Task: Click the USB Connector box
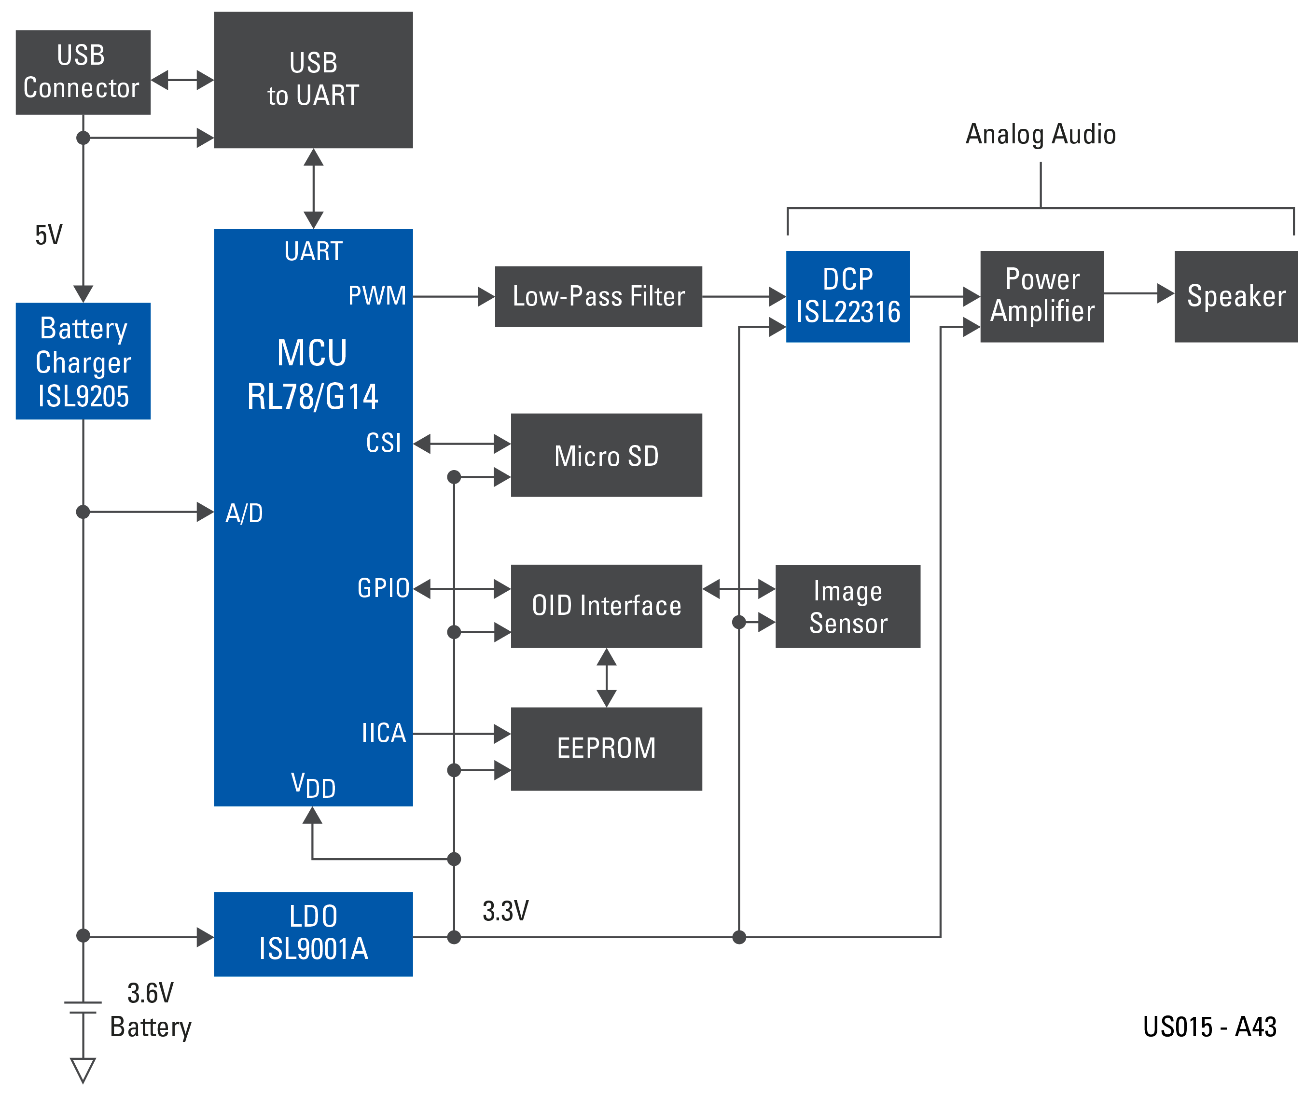click(83, 72)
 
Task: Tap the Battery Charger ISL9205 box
click(83, 361)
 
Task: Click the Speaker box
click(1235, 296)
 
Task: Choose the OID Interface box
click(606, 605)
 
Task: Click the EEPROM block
click(606, 748)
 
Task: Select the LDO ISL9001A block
click(313, 933)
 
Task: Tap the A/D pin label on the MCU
click(244, 514)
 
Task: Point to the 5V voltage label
click(48, 235)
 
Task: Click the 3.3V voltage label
click(505, 911)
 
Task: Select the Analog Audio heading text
click(1041, 134)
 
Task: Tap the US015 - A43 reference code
click(1209, 1027)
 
